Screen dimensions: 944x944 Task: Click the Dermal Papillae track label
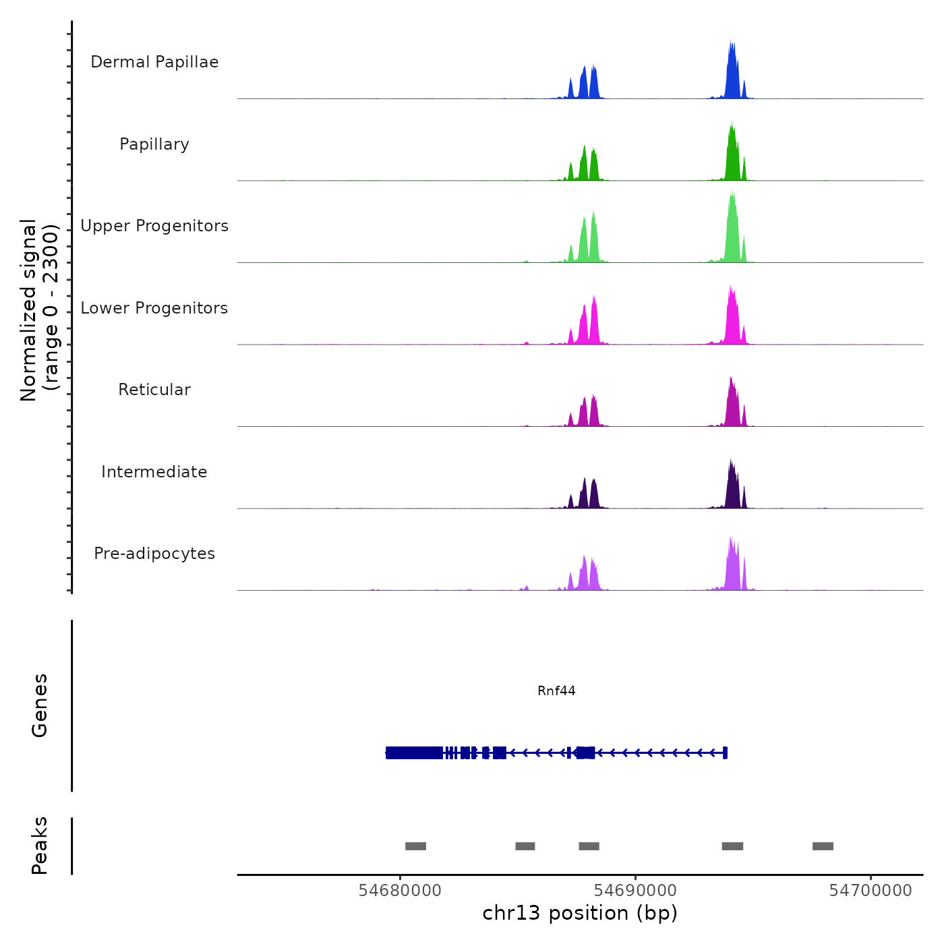pos(154,62)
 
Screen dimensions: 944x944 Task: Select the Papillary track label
pos(154,144)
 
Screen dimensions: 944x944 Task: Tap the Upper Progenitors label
pos(154,226)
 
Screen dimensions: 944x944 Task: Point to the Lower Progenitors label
pos(154,308)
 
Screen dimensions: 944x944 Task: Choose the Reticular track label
pos(154,390)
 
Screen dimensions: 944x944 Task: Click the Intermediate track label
pos(154,472)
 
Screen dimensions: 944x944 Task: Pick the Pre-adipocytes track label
pos(154,554)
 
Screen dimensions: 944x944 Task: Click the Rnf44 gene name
pos(556,690)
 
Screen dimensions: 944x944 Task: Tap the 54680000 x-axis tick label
pos(400,891)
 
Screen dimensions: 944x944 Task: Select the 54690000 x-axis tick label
pos(635,891)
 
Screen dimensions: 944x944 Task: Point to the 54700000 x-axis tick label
pos(871,891)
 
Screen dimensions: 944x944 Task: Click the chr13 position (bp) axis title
pos(580,913)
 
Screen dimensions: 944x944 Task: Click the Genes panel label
pos(40,705)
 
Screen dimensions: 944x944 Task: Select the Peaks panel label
pos(40,846)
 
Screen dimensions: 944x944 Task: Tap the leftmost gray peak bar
pos(415,846)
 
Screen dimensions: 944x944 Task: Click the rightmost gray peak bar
pos(823,846)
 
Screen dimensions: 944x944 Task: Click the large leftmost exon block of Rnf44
pos(414,753)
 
